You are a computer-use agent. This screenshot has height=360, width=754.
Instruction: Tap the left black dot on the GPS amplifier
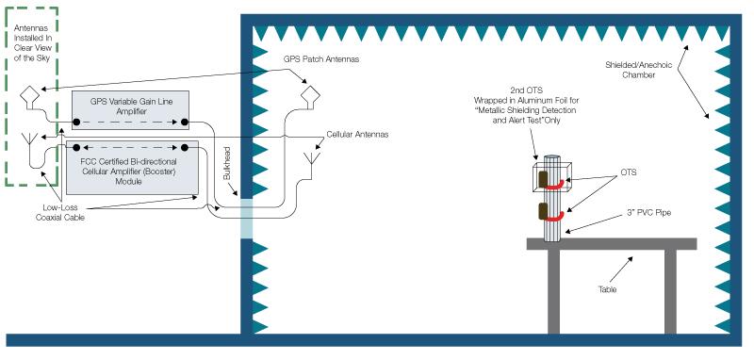(76, 123)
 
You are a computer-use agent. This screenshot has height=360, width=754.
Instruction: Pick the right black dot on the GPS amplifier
(187, 123)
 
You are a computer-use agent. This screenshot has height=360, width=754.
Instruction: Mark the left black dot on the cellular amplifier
(76, 148)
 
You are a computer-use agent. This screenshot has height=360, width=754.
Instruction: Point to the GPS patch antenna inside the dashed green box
(30, 96)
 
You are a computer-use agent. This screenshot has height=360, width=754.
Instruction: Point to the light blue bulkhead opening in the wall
(247, 218)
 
